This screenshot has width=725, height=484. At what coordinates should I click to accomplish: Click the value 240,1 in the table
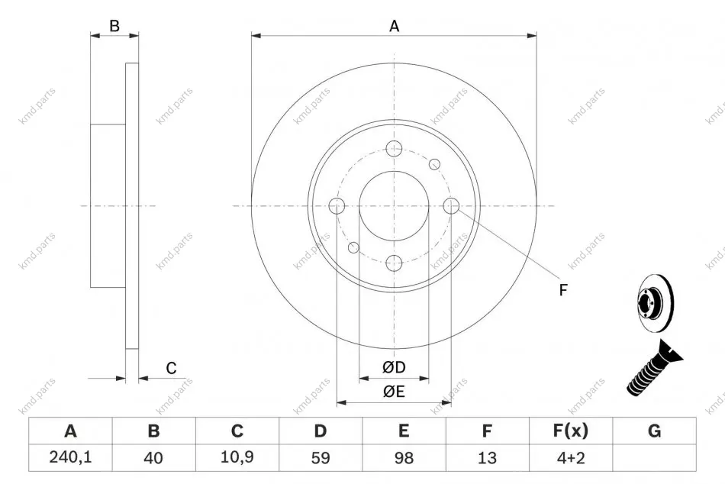70,457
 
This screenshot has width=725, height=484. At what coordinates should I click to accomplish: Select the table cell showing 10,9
237,457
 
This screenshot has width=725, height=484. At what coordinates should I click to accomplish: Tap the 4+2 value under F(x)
571,457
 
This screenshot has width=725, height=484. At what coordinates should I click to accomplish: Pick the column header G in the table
654,431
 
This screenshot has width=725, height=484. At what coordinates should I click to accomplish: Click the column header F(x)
571,431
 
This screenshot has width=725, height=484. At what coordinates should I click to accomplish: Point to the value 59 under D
321,457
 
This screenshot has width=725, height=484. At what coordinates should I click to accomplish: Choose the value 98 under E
404,457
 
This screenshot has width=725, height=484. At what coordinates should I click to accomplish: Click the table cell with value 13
487,457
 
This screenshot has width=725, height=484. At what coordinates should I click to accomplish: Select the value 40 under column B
153,457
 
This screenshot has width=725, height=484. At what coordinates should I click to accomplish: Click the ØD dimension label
394,367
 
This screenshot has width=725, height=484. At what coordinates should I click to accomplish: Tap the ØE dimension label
394,392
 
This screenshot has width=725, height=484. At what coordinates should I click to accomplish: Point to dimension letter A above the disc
394,26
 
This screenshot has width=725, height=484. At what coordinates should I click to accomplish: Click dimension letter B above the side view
114,26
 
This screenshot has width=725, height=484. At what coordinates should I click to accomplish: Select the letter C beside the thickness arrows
171,368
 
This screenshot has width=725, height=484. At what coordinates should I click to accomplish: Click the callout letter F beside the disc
562,290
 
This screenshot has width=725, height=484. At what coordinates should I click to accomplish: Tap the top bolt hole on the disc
394,149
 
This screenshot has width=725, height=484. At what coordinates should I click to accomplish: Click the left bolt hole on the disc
337,206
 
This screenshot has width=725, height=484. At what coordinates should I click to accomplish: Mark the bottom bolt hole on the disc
394,263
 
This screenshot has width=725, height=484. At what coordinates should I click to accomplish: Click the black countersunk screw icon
654,369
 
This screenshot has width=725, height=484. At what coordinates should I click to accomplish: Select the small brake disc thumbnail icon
656,304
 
